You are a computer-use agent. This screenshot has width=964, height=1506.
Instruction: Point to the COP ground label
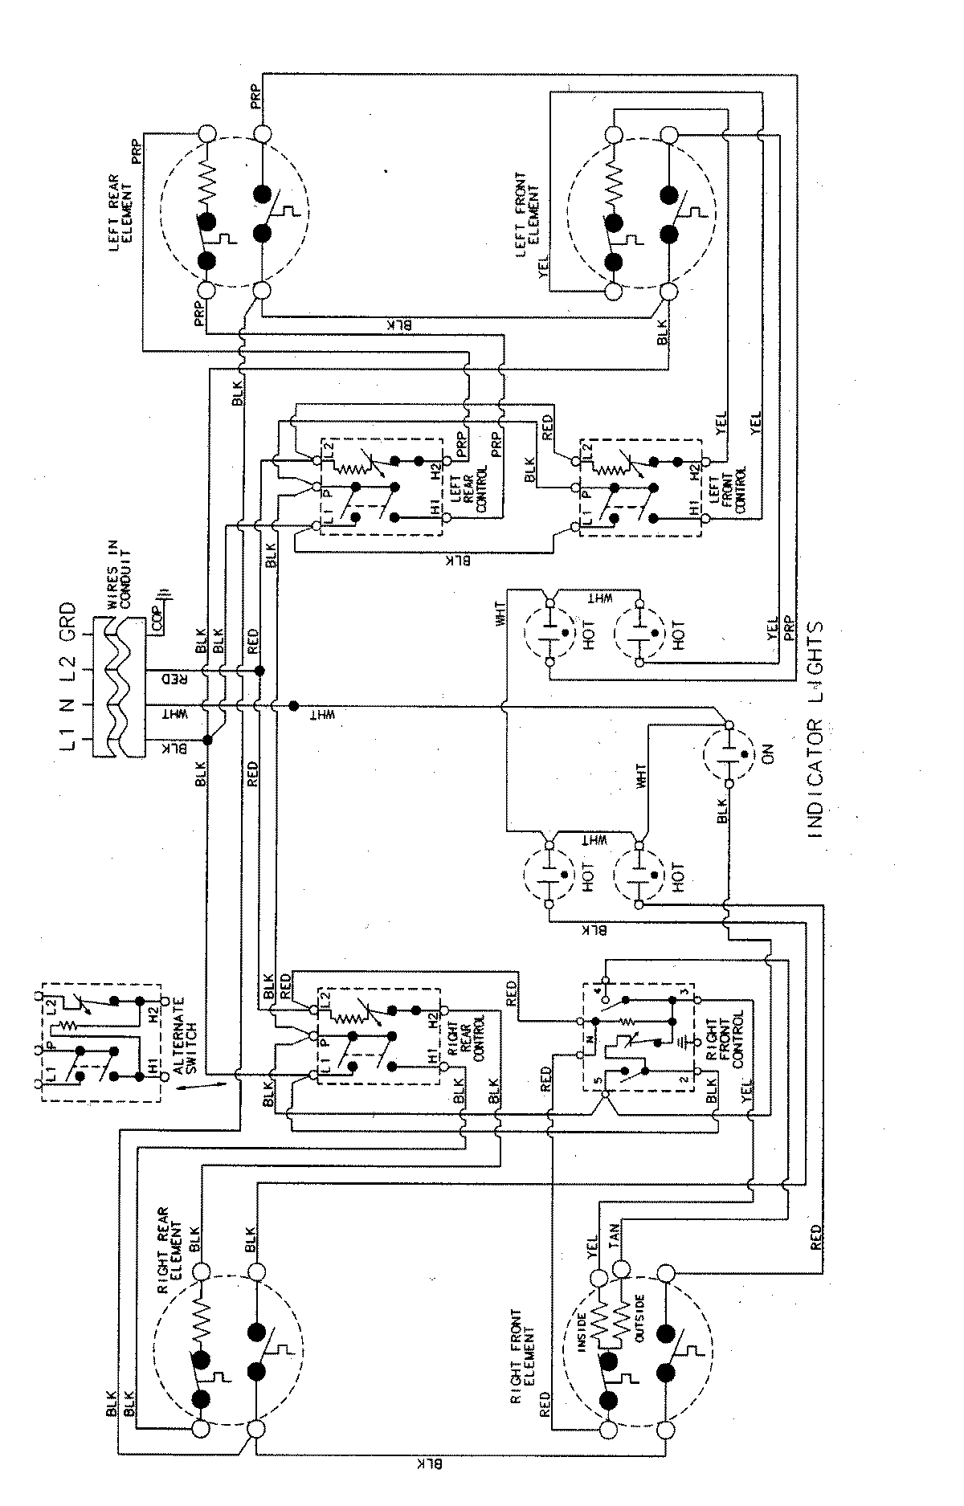159,615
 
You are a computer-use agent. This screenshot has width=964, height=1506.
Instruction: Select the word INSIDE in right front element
585,1330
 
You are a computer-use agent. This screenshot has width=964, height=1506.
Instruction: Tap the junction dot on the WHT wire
294,705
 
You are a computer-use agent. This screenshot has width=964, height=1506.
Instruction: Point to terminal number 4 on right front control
596,990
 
